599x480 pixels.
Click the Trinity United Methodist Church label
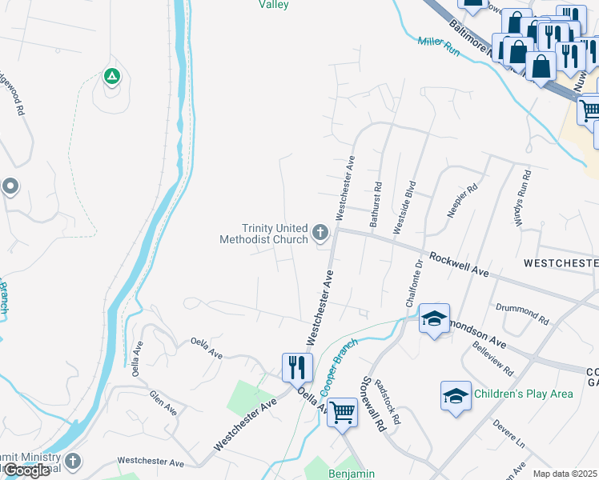point(264,234)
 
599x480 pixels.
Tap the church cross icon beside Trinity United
point(320,234)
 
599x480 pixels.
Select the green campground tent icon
point(111,77)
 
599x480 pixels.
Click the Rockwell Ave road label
point(459,265)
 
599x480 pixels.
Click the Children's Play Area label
point(524,394)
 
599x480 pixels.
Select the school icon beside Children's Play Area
point(455,395)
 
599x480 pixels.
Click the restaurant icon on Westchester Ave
point(295,366)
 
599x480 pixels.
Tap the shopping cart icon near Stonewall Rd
point(342,412)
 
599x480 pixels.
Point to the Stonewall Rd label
point(374,404)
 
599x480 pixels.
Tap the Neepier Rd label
point(461,200)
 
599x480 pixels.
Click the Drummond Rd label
point(521,314)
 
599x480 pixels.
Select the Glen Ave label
point(163,402)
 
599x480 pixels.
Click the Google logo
point(26,470)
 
